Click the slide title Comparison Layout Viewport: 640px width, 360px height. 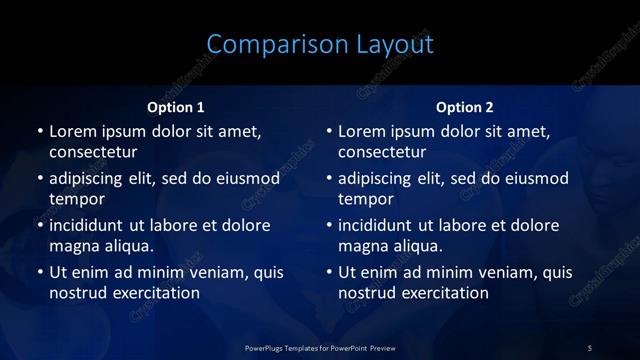click(x=320, y=44)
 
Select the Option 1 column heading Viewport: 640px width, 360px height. click(x=176, y=107)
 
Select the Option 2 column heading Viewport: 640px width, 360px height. click(x=465, y=107)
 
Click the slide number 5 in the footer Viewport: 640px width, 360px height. click(x=590, y=347)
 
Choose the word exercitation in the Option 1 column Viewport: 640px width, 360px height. click(x=154, y=293)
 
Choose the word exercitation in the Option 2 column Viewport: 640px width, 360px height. click(x=443, y=293)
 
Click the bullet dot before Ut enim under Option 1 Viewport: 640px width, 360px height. click(x=40, y=272)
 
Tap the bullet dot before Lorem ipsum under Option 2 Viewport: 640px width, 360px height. click(x=329, y=131)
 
